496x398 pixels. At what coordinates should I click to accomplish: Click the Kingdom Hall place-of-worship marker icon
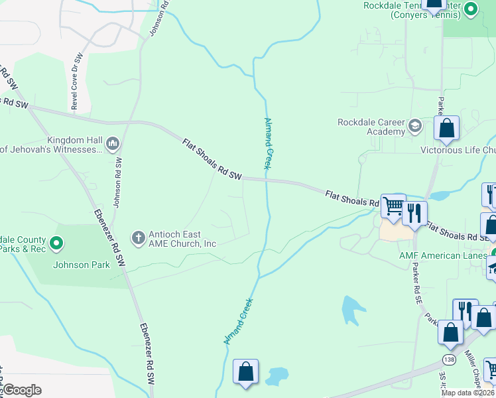click(x=112, y=143)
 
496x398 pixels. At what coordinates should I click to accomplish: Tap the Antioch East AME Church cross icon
click(x=138, y=237)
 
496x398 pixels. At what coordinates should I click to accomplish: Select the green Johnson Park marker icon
click(x=56, y=244)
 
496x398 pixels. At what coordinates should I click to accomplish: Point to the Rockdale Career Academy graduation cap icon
click(x=415, y=125)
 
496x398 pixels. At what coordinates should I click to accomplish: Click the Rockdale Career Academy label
click(x=371, y=127)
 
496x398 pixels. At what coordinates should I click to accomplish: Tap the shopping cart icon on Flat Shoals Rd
click(x=393, y=206)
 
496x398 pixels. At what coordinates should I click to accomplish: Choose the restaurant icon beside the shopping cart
click(x=414, y=214)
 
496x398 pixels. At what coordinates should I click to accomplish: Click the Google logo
click(x=22, y=389)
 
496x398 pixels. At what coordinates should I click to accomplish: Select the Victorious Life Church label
click(x=458, y=149)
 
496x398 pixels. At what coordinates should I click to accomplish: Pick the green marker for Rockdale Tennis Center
click(x=471, y=9)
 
